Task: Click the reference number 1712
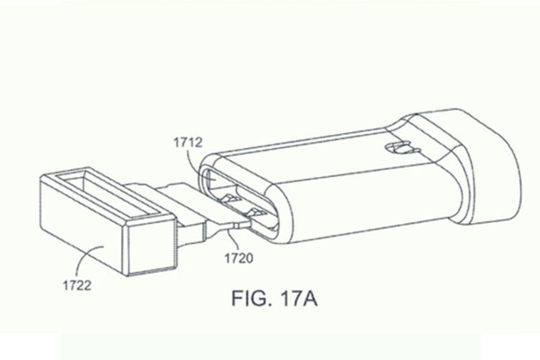pos(188,143)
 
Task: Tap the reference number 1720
pos(238,258)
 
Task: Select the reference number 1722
pos(77,286)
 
